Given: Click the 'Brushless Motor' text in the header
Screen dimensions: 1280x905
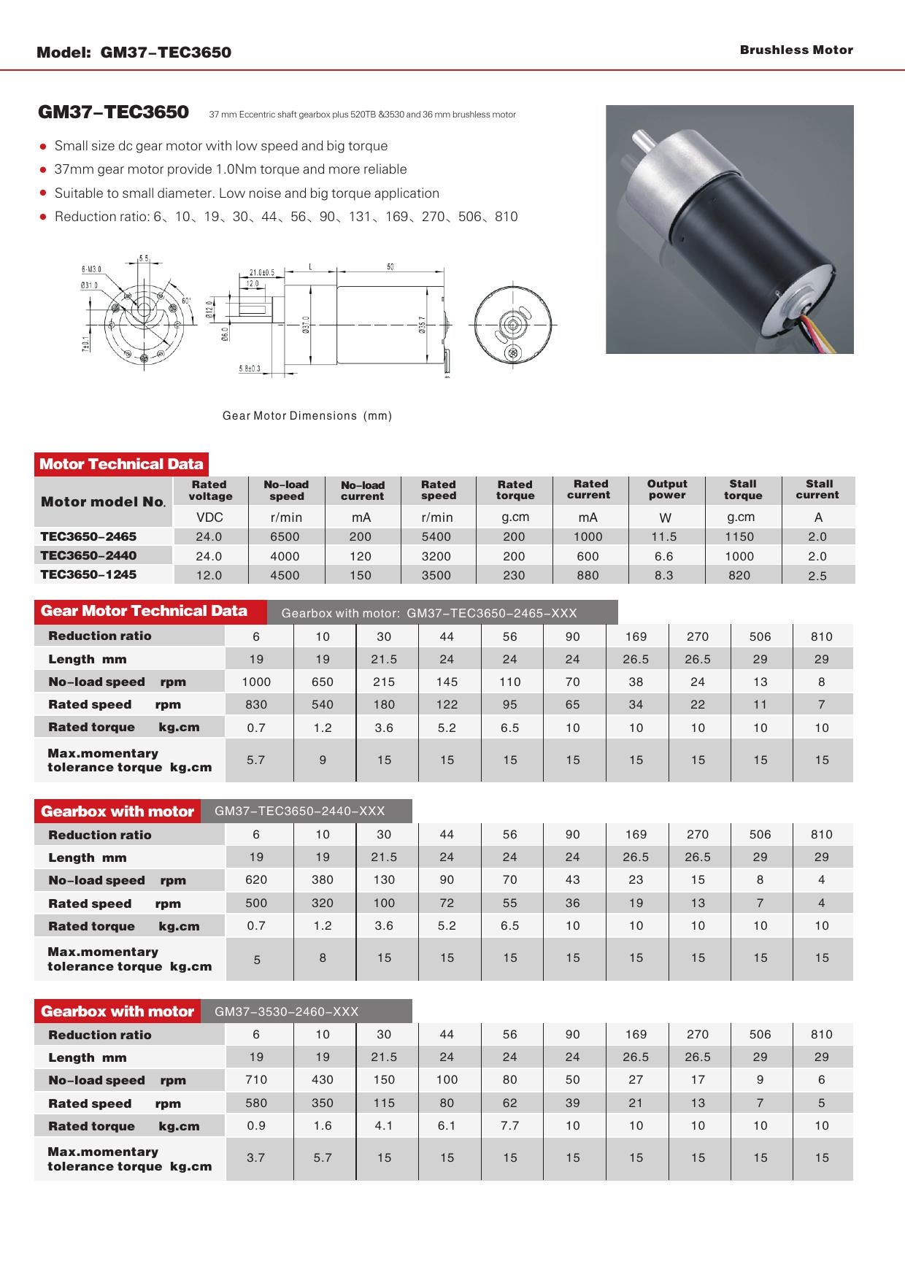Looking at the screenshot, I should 796,50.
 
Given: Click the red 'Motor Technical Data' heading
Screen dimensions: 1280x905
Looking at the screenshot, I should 121,464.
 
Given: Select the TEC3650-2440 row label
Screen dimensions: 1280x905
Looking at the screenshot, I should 88,555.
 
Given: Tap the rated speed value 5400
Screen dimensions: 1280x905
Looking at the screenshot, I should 436,536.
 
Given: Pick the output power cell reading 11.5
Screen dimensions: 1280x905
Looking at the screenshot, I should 663,536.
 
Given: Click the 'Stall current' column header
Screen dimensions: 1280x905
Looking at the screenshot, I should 818,490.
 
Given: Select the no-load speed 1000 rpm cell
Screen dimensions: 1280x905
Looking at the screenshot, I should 256,682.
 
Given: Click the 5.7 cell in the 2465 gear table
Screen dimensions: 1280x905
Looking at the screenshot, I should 255,760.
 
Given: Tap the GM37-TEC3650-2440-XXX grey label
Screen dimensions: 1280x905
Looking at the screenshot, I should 300,811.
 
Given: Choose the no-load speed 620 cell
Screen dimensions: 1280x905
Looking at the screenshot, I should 256,880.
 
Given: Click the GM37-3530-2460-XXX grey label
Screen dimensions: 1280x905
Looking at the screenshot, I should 287,1011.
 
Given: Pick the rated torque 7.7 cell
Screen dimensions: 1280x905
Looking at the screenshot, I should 509,1125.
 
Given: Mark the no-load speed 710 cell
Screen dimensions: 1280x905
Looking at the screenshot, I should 256,1079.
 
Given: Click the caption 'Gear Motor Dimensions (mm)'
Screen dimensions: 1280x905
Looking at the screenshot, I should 307,416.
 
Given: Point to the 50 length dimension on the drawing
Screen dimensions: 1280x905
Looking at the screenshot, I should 390,267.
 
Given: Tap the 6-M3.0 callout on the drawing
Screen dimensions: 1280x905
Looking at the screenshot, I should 91,269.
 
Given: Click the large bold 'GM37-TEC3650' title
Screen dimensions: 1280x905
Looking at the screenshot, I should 113,112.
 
